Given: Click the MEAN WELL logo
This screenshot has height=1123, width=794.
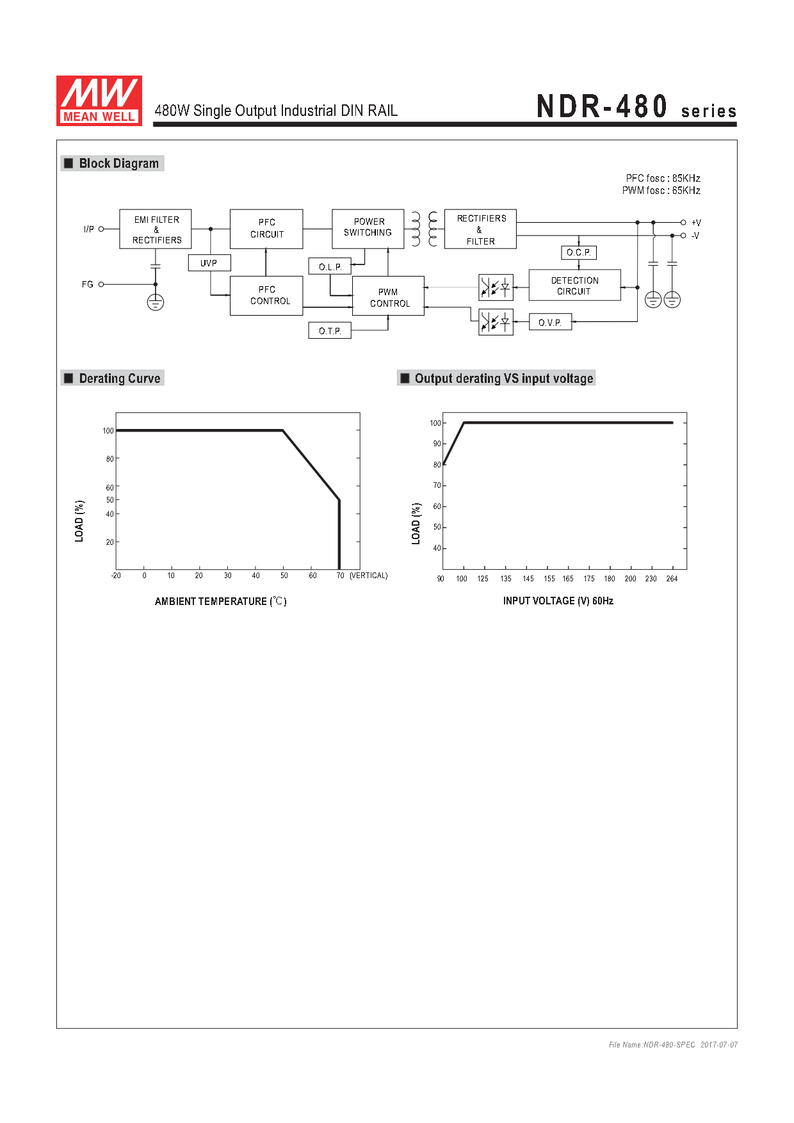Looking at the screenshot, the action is point(99,101).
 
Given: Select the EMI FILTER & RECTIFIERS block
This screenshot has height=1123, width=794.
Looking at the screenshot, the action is point(156,229).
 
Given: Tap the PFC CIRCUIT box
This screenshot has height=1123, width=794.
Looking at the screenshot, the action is point(266,229).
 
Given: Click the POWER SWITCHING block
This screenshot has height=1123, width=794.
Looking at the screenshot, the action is point(368,229).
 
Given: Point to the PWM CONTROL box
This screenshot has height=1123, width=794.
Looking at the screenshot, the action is point(388,296).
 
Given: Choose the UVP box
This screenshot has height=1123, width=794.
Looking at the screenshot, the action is point(209,263).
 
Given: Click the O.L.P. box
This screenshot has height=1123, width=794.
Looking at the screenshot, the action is point(330,266).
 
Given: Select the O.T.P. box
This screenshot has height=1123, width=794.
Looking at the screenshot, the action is point(330,330).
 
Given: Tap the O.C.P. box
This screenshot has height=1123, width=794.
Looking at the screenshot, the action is point(579,252).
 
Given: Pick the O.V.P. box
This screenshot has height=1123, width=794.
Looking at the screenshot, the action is point(551,322).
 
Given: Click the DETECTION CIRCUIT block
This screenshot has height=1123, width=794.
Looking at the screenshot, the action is point(575,286).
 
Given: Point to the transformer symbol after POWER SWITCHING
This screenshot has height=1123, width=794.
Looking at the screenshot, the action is point(425,229).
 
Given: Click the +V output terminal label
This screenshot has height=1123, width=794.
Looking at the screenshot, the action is point(696,223).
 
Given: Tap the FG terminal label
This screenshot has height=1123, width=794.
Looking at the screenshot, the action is point(88,284).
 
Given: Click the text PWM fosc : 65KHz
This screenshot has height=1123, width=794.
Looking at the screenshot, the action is point(661,190).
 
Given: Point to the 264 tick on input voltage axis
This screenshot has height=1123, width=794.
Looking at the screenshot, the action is point(672,579).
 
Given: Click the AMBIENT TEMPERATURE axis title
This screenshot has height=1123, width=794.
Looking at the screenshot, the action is point(221,601).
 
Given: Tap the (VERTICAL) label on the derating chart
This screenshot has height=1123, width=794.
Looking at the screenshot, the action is point(369,576).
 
